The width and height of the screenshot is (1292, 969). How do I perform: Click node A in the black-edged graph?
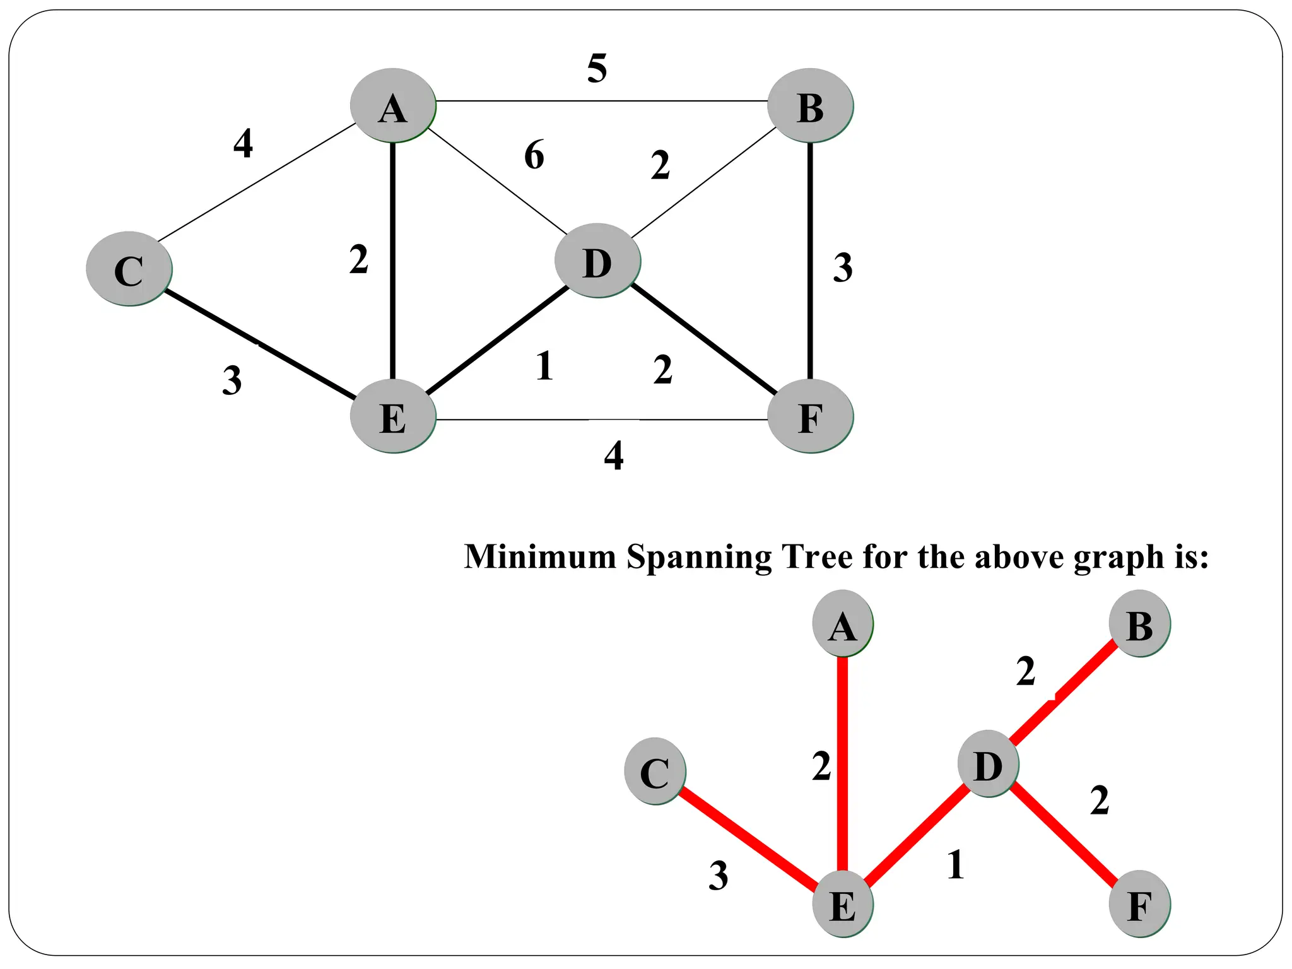(x=393, y=105)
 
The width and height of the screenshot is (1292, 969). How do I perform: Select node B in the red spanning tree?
(x=1139, y=624)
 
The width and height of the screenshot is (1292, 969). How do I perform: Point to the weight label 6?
(x=534, y=155)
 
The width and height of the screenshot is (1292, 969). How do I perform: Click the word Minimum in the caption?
(x=540, y=557)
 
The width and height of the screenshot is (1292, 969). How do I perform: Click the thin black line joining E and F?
(x=599, y=420)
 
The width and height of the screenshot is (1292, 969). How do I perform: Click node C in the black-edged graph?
(x=129, y=269)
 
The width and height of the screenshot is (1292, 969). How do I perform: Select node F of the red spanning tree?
(x=1139, y=905)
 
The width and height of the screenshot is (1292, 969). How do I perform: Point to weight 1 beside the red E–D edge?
(x=955, y=865)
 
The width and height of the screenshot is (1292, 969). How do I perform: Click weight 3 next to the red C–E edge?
(x=718, y=876)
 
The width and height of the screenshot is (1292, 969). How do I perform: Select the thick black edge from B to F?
(x=810, y=260)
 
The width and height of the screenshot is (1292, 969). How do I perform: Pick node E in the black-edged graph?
(x=393, y=417)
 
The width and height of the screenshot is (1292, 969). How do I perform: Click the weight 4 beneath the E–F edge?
(x=613, y=455)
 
